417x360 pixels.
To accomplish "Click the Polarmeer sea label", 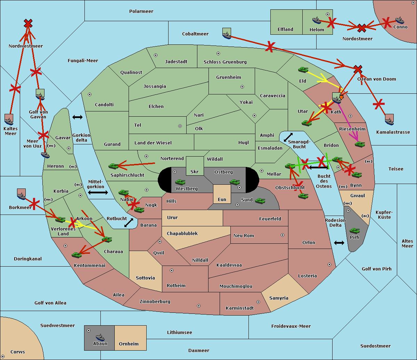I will [141, 11].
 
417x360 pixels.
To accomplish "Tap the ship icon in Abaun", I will [100, 337].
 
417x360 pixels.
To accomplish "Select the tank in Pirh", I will [354, 231].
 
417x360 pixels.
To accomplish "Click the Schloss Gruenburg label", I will [225, 62].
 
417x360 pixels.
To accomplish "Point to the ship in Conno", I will [400, 20].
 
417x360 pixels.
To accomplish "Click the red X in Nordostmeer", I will [362, 28].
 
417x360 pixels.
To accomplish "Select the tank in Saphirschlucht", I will [114, 166].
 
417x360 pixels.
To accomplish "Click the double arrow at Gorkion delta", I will [77, 117].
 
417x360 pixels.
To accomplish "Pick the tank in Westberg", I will [180, 182].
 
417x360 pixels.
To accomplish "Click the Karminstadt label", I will [240, 308].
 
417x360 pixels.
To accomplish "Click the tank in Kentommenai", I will [76, 255].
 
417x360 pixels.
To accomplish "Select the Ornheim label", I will [129, 344].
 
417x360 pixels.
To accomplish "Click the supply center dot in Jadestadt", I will [156, 55].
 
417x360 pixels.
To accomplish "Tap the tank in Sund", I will [260, 201].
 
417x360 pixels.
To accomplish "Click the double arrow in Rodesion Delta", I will [339, 243].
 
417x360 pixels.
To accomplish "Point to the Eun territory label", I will [222, 200].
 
